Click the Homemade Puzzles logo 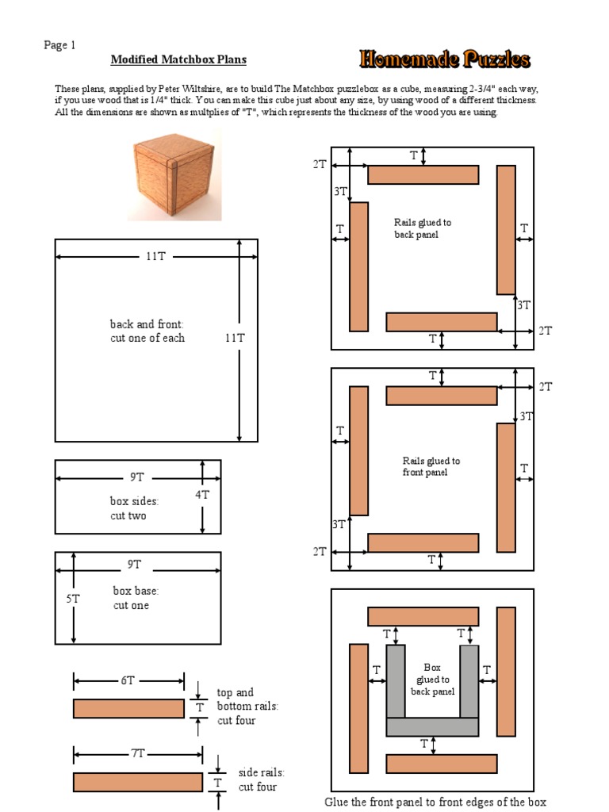tap(444, 59)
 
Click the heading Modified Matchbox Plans tap(178, 59)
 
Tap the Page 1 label tap(59, 45)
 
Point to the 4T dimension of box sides tap(203, 494)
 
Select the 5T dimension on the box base tap(73, 599)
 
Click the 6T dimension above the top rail tap(128, 680)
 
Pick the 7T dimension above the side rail tap(138, 753)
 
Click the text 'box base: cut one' tap(136, 598)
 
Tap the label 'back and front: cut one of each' tap(147, 331)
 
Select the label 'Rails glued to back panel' tap(422, 228)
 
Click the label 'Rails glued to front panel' tap(431, 466)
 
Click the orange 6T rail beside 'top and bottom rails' tap(128, 708)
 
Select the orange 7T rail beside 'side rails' tap(138, 782)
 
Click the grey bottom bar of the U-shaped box tap(432, 726)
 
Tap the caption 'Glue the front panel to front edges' tap(435, 802)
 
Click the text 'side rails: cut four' tap(261, 779)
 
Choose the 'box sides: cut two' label tap(133, 508)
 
